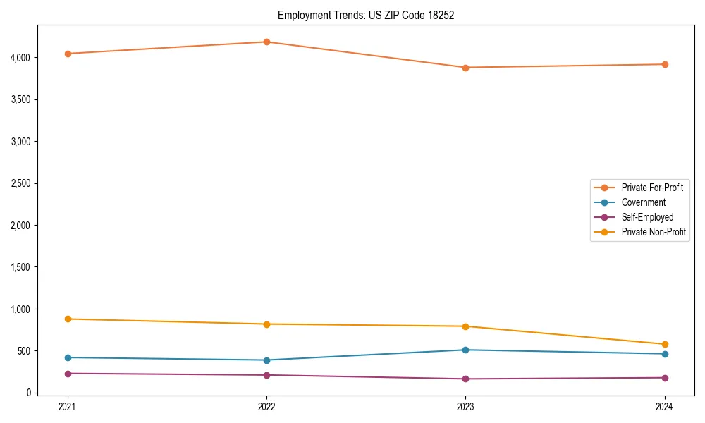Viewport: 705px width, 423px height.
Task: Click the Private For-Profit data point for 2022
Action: [266, 42]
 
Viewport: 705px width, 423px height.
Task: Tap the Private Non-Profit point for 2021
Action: [68, 319]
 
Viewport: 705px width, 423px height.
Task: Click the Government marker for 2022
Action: [266, 360]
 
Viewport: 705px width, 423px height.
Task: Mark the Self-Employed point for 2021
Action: [68, 374]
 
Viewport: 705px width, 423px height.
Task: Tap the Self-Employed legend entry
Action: [647, 217]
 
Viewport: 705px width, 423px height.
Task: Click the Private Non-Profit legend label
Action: [654, 232]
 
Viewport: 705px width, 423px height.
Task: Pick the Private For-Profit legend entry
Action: [652, 188]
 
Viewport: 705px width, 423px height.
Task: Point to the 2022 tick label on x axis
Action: [266, 407]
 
